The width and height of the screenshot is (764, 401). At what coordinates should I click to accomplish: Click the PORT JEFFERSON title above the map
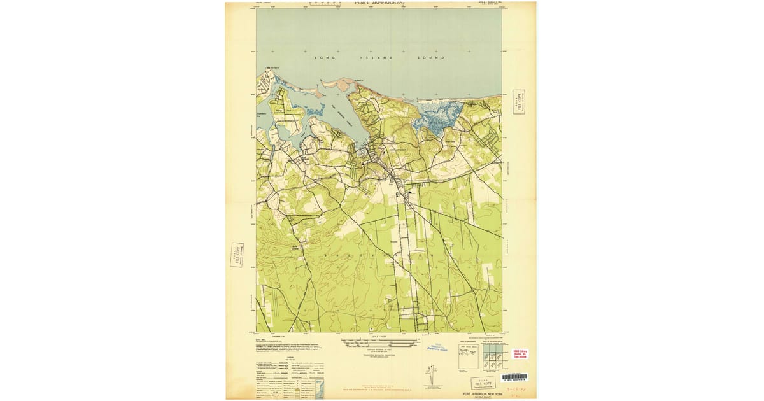379,3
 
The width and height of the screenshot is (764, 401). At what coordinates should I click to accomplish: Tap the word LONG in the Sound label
323,58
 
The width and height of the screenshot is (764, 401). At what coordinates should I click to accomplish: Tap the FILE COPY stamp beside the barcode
483,383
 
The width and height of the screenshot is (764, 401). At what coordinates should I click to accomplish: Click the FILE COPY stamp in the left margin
236,255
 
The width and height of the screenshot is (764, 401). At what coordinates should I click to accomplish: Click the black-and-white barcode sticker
515,377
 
